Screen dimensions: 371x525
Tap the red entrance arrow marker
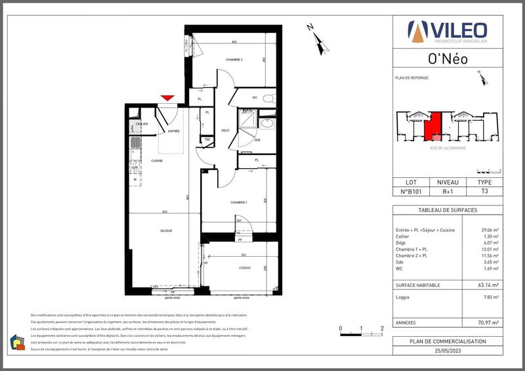(167, 98)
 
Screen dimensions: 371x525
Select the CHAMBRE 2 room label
(234, 60)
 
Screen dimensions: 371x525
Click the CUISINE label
(156, 160)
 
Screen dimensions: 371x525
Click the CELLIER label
(141, 124)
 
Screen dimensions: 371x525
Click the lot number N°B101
(411, 192)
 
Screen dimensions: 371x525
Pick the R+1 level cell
(448, 192)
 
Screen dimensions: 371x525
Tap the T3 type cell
(484, 192)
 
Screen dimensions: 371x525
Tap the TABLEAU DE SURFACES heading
(448, 210)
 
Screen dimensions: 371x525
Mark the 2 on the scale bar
(382, 327)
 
